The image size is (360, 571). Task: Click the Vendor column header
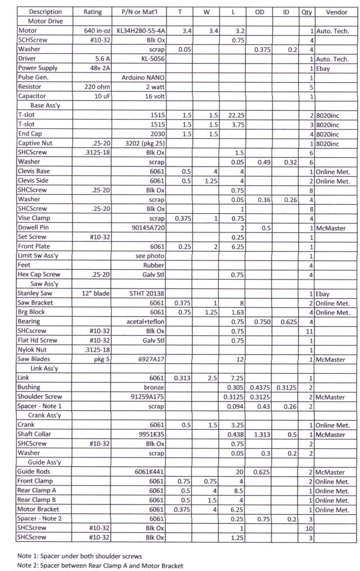click(336, 11)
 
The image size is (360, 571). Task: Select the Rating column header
click(93, 11)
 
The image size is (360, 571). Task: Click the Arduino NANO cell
click(143, 78)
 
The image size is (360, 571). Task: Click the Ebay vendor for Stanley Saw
click(323, 294)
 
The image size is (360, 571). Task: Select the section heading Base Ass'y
click(38, 106)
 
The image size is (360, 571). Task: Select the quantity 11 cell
click(309, 332)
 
